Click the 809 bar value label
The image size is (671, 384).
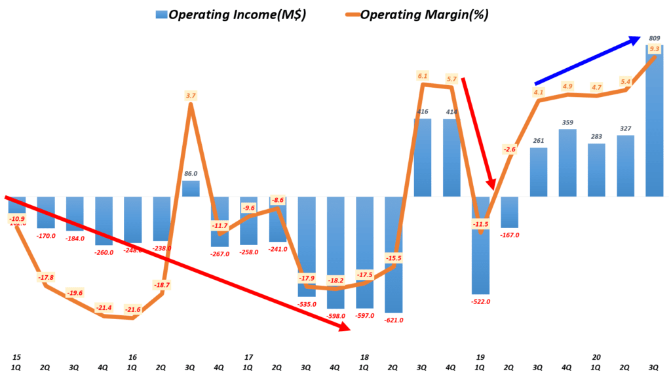coord(655,39)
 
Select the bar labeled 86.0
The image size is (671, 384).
coord(191,189)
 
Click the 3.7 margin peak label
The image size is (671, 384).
coord(191,96)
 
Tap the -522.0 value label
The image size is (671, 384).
coord(480,301)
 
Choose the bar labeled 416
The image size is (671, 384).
coord(423,157)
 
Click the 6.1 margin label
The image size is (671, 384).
coord(423,76)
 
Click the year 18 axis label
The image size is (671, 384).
coord(365,357)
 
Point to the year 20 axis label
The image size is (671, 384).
coord(596,357)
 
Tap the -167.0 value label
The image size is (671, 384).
coord(509,235)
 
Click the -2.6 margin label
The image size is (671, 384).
coord(509,149)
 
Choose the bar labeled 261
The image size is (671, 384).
coord(539,172)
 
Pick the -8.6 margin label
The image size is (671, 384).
coord(278,200)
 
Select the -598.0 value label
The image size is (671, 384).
coord(335,316)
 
